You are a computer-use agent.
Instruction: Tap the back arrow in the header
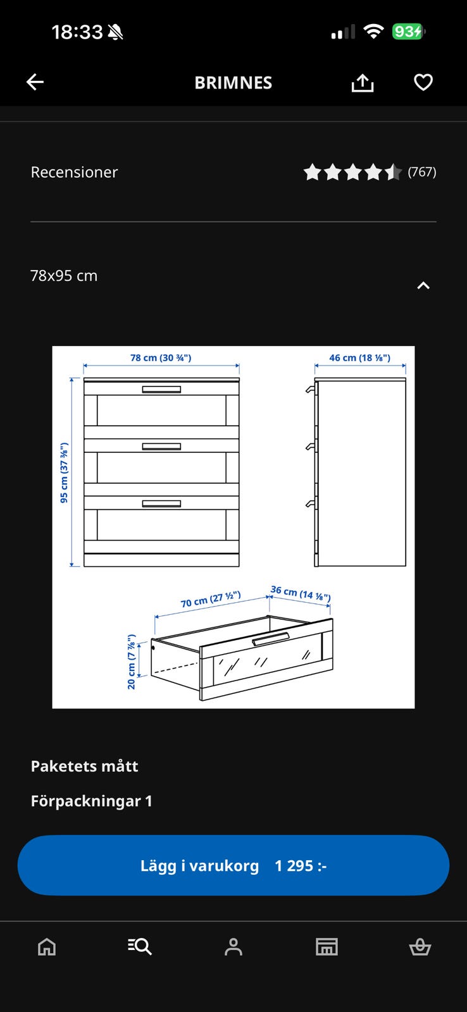tap(35, 82)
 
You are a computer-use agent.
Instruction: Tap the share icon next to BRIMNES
tap(363, 83)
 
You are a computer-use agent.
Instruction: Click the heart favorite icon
tap(423, 82)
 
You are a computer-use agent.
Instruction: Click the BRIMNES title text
tap(233, 83)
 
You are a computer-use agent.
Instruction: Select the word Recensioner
tap(74, 172)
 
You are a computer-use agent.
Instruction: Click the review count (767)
tap(422, 171)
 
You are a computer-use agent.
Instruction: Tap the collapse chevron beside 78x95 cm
tap(423, 285)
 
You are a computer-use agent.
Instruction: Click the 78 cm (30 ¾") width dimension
tap(161, 358)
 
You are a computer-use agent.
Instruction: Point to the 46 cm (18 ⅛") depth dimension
tap(360, 358)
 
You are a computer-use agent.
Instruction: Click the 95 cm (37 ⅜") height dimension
tap(64, 472)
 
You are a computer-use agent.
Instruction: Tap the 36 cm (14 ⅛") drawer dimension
tap(301, 593)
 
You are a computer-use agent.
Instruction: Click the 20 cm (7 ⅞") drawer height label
tap(132, 662)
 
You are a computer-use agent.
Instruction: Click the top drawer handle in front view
tap(161, 390)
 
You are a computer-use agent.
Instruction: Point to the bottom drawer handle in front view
tap(161, 503)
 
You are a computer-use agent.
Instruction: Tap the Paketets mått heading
tap(85, 766)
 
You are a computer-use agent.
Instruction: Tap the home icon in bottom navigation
tap(47, 946)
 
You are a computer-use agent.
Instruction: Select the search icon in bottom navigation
tap(140, 946)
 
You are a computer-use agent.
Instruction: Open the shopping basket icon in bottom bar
tap(420, 946)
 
